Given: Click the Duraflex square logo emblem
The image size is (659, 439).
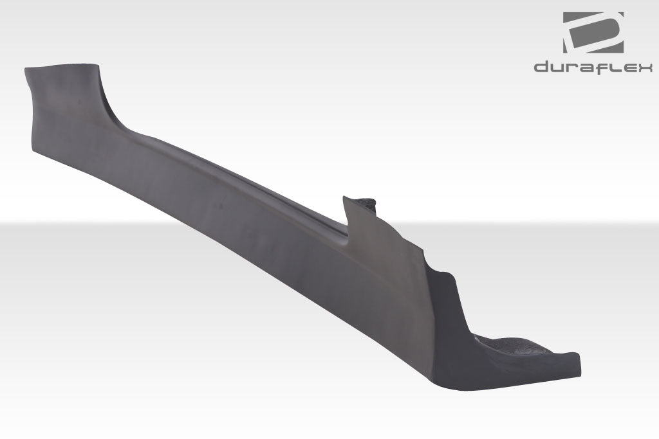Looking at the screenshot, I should [593, 32].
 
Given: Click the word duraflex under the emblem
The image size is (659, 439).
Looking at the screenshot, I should [593, 67].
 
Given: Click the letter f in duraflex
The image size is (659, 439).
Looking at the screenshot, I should [603, 67].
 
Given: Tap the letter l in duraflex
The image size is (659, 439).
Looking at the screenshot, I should [615, 67].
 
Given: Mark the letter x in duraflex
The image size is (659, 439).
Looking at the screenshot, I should [645, 67].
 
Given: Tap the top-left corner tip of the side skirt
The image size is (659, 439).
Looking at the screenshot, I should [27, 69].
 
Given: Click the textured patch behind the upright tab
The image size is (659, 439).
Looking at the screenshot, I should [367, 203].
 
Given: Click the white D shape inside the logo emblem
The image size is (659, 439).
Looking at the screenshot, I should [593, 32].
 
